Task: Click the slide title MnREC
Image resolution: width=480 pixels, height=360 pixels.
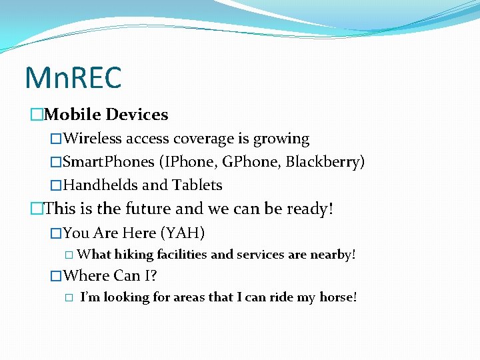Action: [73, 77]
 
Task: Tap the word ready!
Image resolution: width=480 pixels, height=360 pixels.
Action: [309, 209]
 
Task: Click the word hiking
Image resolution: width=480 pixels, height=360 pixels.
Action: [133, 255]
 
